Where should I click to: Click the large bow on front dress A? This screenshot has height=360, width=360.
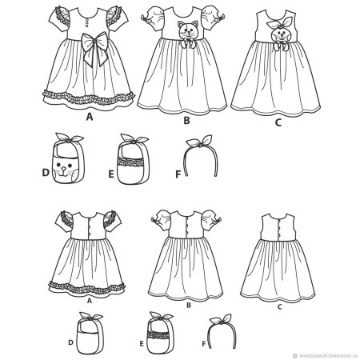[95, 46]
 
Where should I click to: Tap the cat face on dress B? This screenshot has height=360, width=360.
[189, 30]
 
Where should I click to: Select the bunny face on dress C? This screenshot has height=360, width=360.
[281, 34]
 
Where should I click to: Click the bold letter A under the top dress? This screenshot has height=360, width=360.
[90, 117]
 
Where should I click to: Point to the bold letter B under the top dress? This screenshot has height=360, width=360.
[186, 121]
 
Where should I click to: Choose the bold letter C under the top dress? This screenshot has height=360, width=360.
[278, 122]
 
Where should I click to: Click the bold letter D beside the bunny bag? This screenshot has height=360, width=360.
[46, 173]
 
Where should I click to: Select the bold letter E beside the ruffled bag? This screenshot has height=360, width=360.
[111, 174]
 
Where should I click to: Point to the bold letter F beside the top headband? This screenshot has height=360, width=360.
[178, 174]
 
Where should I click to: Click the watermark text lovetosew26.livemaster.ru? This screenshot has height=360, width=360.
[328, 355]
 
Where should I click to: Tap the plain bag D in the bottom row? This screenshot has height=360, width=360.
[90, 337]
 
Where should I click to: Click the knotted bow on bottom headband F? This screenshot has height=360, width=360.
[220, 319]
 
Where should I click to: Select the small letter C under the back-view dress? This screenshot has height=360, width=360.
[279, 307]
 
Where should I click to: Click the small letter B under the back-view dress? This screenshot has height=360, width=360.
[189, 306]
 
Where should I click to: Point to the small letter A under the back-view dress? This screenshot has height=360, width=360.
[90, 301]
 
